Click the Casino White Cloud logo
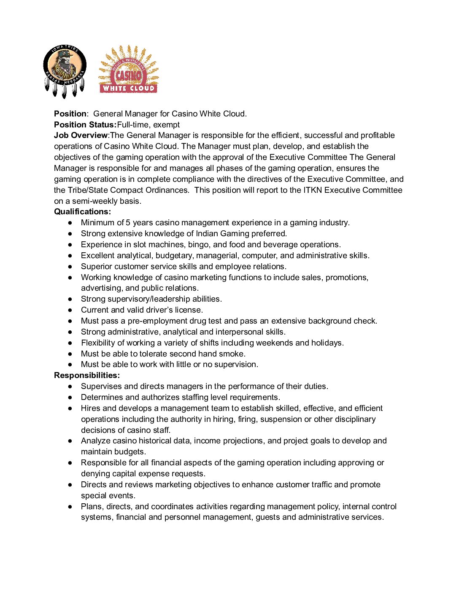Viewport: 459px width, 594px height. (128, 70)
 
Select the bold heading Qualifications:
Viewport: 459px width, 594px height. (82, 212)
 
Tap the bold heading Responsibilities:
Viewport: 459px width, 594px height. (87, 375)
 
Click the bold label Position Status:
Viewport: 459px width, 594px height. (85, 125)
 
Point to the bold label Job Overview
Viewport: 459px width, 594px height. (81, 135)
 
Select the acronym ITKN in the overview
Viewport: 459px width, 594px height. (313, 190)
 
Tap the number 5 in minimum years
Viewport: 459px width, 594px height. (128, 223)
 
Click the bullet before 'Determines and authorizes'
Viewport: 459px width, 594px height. (70, 397)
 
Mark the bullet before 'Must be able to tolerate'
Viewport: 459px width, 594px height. (70, 354)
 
